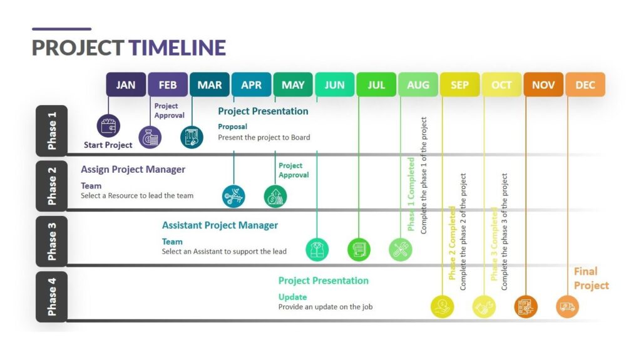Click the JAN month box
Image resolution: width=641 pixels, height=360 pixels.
126,85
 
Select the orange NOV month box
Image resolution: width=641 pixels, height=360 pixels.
543,85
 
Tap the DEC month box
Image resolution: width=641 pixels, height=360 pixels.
585,85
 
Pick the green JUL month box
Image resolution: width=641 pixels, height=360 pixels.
376,85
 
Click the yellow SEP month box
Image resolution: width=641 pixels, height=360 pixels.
459,85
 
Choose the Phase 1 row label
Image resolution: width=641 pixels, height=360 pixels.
51,131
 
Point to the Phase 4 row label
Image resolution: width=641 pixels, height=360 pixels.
51,297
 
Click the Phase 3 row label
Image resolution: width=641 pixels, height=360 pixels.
51,241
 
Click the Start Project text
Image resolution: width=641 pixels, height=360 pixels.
108,145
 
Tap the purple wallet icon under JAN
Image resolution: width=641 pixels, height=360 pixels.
108,125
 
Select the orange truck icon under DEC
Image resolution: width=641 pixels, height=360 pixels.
568,307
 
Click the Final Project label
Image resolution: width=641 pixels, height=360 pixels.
591,278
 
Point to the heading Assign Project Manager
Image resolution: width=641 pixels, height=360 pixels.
133,170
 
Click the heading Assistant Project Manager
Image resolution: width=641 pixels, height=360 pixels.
220,225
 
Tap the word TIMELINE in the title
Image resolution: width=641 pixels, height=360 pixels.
177,48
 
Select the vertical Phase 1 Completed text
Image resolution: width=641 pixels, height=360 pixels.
411,194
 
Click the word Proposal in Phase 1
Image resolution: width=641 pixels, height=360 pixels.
232,126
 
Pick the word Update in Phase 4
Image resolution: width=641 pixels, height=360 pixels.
292,297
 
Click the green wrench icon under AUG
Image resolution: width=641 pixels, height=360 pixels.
400,250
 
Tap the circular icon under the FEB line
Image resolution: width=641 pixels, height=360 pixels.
150,137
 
